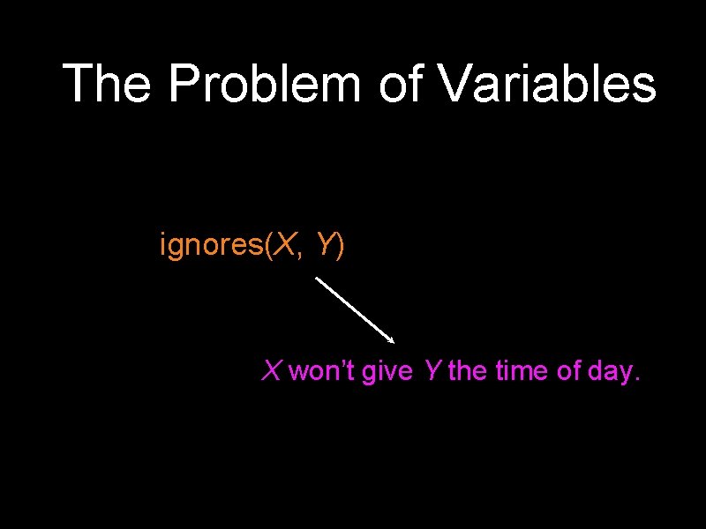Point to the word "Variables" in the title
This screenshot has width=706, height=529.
[548, 84]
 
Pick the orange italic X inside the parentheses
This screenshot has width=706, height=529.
[284, 246]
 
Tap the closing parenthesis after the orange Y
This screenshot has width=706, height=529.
[341, 247]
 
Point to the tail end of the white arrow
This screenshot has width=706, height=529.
[317, 279]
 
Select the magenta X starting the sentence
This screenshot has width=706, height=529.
[271, 371]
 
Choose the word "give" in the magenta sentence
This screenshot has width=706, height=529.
[387, 372]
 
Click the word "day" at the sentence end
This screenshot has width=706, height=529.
[611, 372]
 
